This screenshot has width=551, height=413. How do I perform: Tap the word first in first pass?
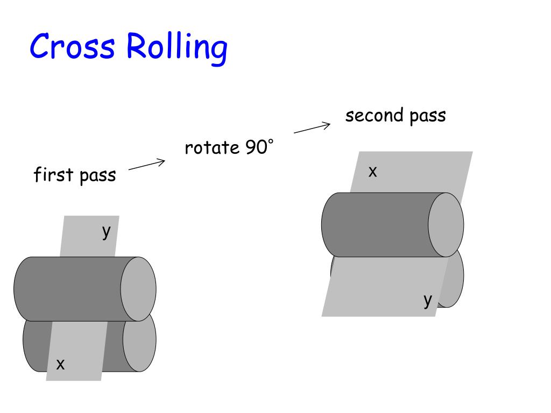tap(53, 175)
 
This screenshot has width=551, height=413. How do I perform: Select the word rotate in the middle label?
tap(211, 147)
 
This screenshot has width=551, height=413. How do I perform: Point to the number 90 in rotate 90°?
tap(256, 147)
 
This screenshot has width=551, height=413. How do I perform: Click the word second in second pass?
tap(374, 116)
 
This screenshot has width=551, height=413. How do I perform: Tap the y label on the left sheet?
tap(107, 231)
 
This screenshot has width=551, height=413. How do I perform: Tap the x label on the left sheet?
tap(60, 365)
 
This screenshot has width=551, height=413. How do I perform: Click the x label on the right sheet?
tap(372, 172)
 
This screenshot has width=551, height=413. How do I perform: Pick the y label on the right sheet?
tap(427, 300)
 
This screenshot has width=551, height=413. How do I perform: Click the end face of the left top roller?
tap(138, 289)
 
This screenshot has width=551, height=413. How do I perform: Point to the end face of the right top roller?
tap(446, 224)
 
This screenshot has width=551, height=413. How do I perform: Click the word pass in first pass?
tap(98, 176)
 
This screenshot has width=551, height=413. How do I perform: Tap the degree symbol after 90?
tap(271, 141)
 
